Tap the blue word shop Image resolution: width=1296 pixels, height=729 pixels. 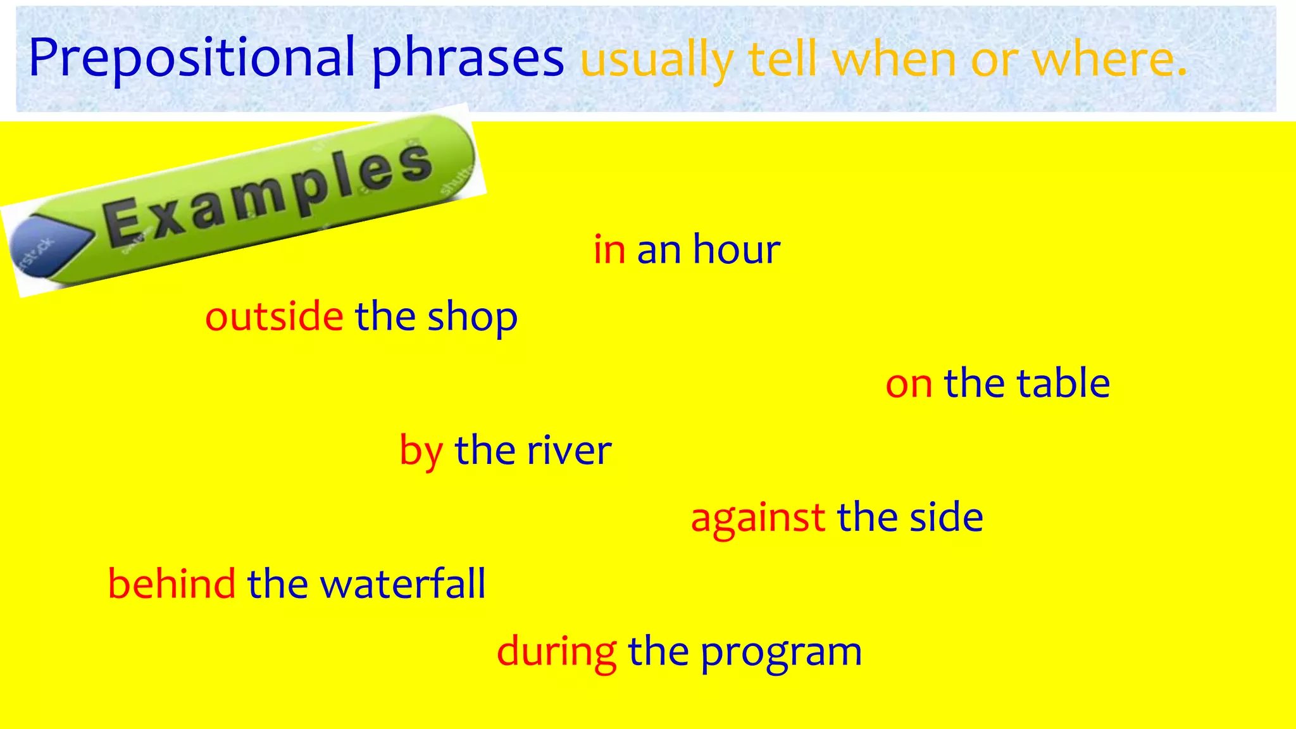(x=472, y=318)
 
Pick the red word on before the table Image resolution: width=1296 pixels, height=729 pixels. (x=909, y=384)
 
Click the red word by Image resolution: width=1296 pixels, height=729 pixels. (x=421, y=451)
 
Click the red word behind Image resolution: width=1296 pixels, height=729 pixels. (x=171, y=583)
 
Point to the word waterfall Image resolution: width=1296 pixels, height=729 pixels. (x=402, y=583)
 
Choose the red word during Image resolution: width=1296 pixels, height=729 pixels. (x=556, y=652)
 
